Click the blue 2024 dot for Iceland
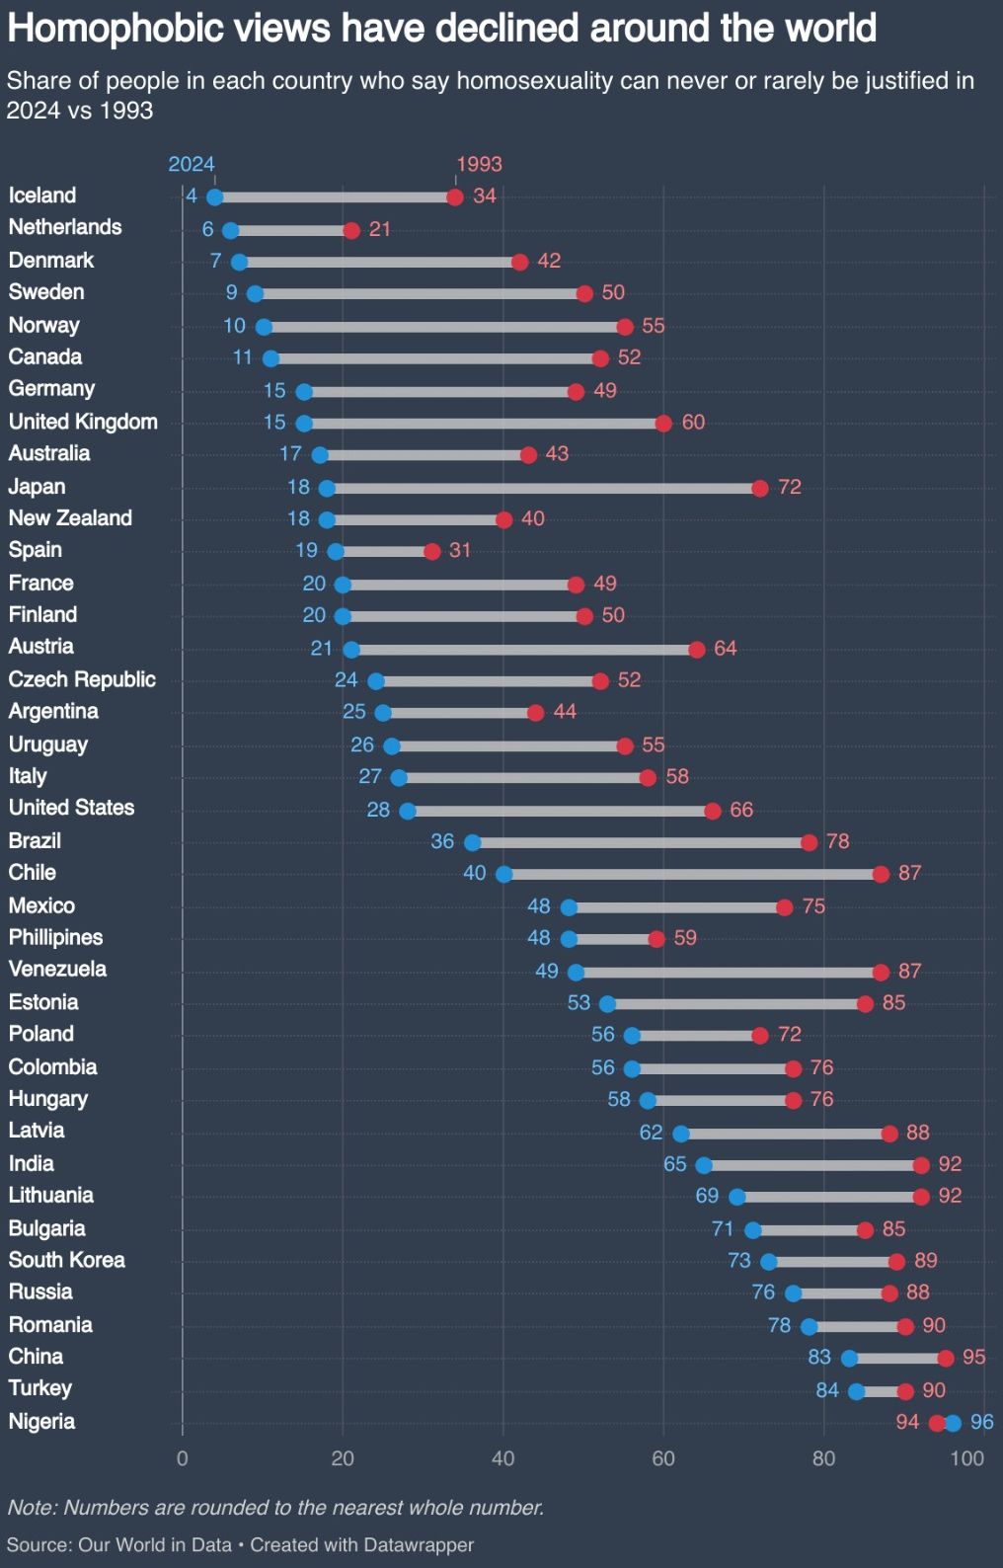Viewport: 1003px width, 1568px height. click(214, 197)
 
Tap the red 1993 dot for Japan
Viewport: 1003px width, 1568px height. click(759, 488)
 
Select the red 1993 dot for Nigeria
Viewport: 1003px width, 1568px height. click(936, 1423)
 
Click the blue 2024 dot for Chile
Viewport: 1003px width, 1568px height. click(503, 874)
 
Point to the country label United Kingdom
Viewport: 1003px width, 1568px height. click(83, 422)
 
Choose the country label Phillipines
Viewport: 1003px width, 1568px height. click(55, 937)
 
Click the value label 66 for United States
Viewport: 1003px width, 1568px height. click(741, 810)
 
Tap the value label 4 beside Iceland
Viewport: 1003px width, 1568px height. click(192, 196)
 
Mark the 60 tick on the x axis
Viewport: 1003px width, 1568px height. click(663, 1458)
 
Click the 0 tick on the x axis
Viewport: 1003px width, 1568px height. click(183, 1458)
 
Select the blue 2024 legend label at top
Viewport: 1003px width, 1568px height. click(192, 164)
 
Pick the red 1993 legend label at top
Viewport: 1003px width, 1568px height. click(479, 164)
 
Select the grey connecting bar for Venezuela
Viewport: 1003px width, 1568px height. click(728, 972)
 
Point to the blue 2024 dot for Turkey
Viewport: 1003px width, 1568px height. click(856, 1391)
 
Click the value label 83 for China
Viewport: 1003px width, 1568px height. click(819, 1357)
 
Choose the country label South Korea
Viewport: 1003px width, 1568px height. click(67, 1260)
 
